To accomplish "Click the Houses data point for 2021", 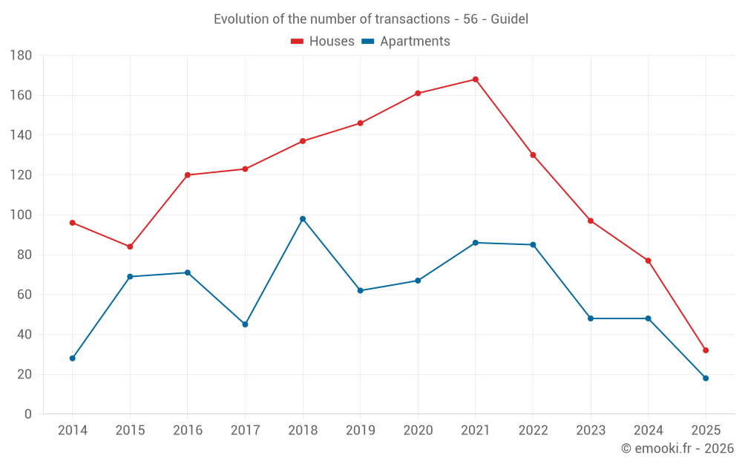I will click(x=476, y=79).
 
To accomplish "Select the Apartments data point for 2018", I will click(x=303, y=219).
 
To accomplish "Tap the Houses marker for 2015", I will click(x=130, y=246).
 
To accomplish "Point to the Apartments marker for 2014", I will click(x=73, y=359).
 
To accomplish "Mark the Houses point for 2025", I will click(x=706, y=350).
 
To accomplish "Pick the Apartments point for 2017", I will click(x=245, y=324).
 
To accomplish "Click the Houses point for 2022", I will click(x=533, y=155).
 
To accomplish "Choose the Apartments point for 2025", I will click(x=706, y=379).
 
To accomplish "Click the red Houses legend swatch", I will click(x=298, y=42).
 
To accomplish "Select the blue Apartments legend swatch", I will click(x=368, y=42).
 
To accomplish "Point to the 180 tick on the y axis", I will click(x=21, y=56).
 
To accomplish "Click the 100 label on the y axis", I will click(x=21, y=215).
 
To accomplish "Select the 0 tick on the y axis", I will click(x=27, y=414).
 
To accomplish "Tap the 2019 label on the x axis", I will click(x=360, y=431).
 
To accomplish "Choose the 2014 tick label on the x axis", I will click(x=73, y=431).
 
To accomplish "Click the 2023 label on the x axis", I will click(x=591, y=431).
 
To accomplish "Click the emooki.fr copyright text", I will click(x=677, y=448).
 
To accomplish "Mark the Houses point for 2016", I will click(x=188, y=175).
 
